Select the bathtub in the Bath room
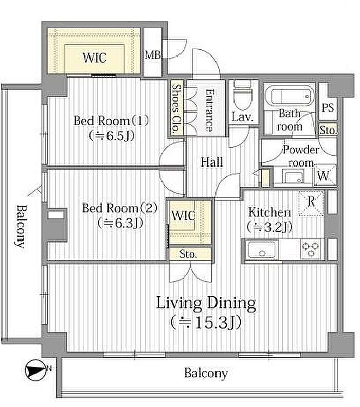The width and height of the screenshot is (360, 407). point(290,95)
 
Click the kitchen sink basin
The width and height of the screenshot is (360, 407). point(261,250)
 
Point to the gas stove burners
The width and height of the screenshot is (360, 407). point(311,249)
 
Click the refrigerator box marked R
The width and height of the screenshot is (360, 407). point(311,203)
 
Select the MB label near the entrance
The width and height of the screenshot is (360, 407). point(152,55)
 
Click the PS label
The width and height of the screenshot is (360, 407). point(328,107)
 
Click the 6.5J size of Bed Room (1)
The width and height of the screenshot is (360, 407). point(112,136)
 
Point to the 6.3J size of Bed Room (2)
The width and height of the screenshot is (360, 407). point(120,223)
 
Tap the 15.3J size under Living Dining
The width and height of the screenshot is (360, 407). point(207,322)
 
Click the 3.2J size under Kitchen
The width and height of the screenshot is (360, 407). point(269,227)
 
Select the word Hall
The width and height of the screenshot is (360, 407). point(212,162)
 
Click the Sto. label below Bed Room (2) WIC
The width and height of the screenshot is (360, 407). point(188,254)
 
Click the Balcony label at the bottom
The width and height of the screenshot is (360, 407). point(206,373)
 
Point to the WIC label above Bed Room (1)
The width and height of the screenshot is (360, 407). point(94,58)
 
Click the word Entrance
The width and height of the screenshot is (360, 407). point(210,110)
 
